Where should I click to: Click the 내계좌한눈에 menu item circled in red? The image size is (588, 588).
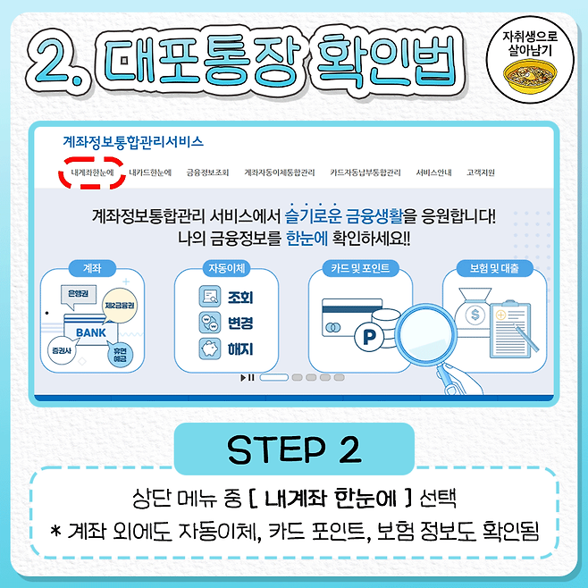click(92, 172)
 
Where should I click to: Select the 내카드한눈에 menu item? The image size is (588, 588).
click(150, 172)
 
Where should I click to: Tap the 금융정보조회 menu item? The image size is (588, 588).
click(207, 172)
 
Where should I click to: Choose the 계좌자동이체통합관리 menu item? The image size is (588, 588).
click(280, 172)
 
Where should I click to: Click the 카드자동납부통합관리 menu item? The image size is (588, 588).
click(365, 172)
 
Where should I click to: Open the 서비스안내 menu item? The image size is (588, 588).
click(433, 172)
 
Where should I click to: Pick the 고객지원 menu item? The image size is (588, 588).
click(481, 172)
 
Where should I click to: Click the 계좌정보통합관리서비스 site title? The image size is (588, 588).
click(133, 142)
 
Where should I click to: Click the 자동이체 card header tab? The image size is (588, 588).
click(226, 268)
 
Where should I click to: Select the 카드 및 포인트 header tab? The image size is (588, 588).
click(360, 268)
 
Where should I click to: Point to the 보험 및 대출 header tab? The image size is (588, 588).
click(494, 268)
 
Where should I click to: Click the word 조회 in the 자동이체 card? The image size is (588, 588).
click(240, 298)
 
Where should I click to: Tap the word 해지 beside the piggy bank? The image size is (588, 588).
click(240, 349)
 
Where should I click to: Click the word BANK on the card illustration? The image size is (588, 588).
click(91, 332)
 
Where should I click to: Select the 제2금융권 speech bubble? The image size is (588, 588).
click(119, 306)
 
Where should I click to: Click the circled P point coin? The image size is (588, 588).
click(369, 337)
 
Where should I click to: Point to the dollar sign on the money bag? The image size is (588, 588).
click(475, 315)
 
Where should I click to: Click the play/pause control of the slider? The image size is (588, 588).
click(248, 377)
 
